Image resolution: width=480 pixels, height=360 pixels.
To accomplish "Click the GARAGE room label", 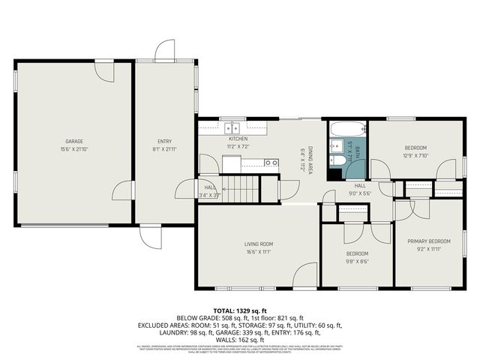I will point(73,141).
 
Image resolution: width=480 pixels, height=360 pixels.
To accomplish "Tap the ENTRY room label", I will point(164,141).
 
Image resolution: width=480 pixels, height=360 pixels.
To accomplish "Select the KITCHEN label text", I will point(238,139).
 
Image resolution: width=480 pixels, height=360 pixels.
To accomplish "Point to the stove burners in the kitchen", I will point(271,162).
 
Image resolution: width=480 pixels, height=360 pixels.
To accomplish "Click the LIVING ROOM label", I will point(258,244).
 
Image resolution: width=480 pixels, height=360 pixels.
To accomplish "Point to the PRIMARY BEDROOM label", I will point(429,241).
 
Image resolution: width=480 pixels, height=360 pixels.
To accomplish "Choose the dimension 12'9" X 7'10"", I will point(415,156).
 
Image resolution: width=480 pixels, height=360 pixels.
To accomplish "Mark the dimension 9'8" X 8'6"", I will point(356,262).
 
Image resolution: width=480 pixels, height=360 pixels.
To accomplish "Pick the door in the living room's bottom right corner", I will point(305,276).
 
